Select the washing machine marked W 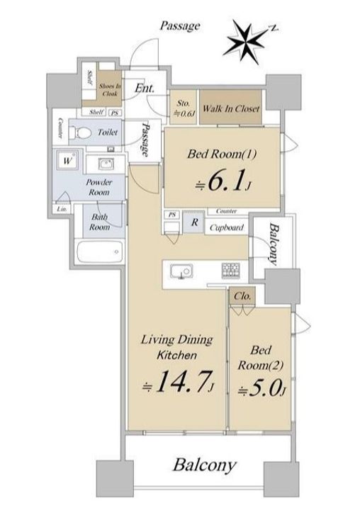67,160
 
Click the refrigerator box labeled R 194,222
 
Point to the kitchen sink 181,271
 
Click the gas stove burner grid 230,271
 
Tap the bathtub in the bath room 100,251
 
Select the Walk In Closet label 231,108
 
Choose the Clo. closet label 242,296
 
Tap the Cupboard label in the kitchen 226,227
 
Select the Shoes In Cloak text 110,90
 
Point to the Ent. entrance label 145,88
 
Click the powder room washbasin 107,164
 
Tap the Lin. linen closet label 62,209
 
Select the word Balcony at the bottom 204,465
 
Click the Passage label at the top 180,25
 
